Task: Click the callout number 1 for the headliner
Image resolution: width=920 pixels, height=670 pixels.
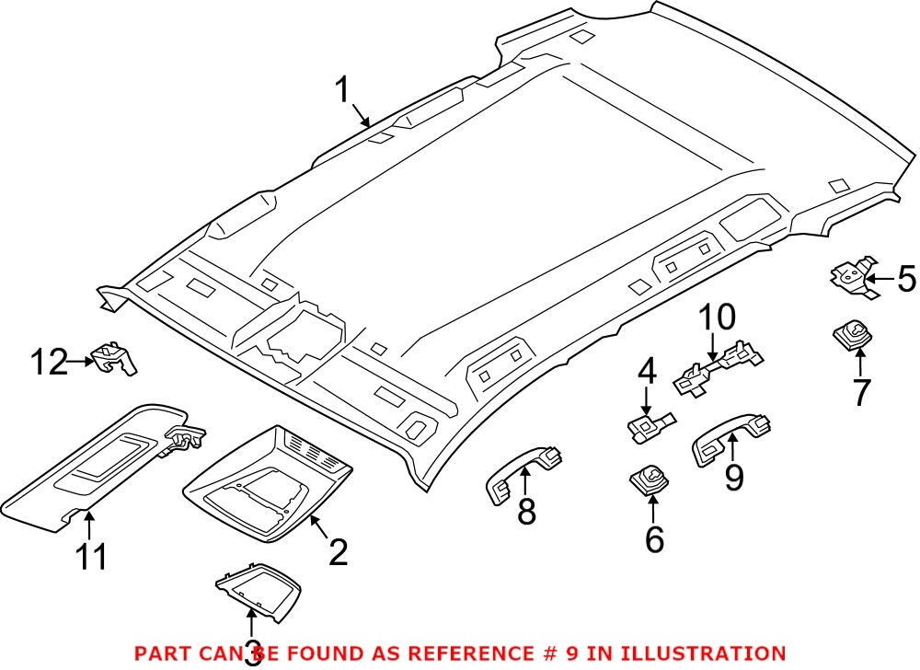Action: (x=343, y=91)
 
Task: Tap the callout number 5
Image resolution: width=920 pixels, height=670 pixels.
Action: (x=906, y=278)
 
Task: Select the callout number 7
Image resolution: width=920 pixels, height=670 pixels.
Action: (x=860, y=393)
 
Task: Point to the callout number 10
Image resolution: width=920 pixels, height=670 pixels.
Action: (x=717, y=318)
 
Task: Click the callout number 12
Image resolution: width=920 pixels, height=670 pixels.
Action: (x=50, y=362)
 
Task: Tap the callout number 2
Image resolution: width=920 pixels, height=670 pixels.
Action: (x=338, y=552)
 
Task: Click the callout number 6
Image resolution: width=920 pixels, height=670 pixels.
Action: (x=654, y=539)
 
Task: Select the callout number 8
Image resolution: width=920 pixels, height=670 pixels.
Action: (x=525, y=512)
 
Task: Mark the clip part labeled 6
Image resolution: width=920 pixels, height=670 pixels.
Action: (x=649, y=479)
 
